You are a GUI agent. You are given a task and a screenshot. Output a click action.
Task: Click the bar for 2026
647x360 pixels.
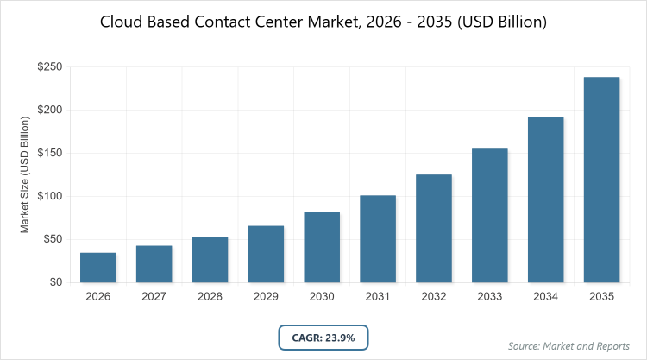[98, 268]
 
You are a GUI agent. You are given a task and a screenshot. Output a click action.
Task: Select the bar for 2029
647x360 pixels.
[266, 254]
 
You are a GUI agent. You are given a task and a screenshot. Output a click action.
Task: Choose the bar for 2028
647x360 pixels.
[210, 259]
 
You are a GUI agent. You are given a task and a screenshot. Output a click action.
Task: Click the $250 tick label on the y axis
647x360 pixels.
[50, 67]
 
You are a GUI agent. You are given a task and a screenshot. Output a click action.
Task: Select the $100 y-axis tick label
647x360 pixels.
[50, 197]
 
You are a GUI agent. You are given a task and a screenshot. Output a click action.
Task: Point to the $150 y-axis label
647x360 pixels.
[50, 154]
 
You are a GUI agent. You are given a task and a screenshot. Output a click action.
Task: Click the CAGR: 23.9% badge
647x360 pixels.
[323, 338]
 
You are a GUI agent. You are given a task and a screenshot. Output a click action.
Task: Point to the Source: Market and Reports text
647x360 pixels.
[568, 346]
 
